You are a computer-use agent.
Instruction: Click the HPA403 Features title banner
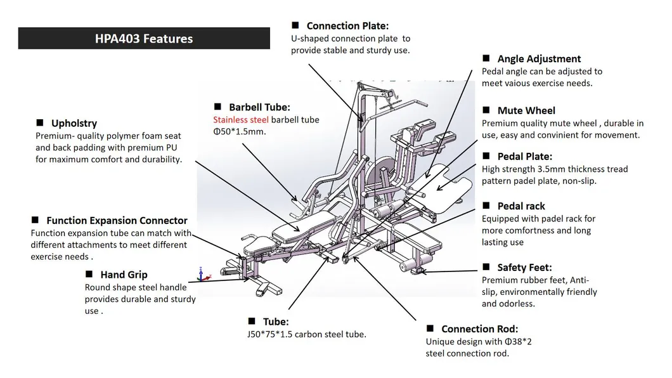point(144,39)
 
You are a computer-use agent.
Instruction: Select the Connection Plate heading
point(347,26)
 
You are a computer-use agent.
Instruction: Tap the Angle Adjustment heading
point(539,59)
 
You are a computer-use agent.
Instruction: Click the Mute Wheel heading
point(526,110)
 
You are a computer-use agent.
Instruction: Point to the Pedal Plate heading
point(524,156)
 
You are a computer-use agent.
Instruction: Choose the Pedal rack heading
point(521,206)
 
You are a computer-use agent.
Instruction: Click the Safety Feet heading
point(524,268)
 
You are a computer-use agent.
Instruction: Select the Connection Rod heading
point(479,329)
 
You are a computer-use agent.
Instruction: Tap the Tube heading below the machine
point(276,322)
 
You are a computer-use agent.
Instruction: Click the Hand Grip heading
point(124,275)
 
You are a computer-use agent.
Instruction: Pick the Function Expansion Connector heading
point(117,221)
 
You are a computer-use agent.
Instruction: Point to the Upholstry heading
point(74,124)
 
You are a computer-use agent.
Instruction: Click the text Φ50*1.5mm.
point(239,132)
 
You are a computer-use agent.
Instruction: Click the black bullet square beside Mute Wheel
point(486,110)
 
